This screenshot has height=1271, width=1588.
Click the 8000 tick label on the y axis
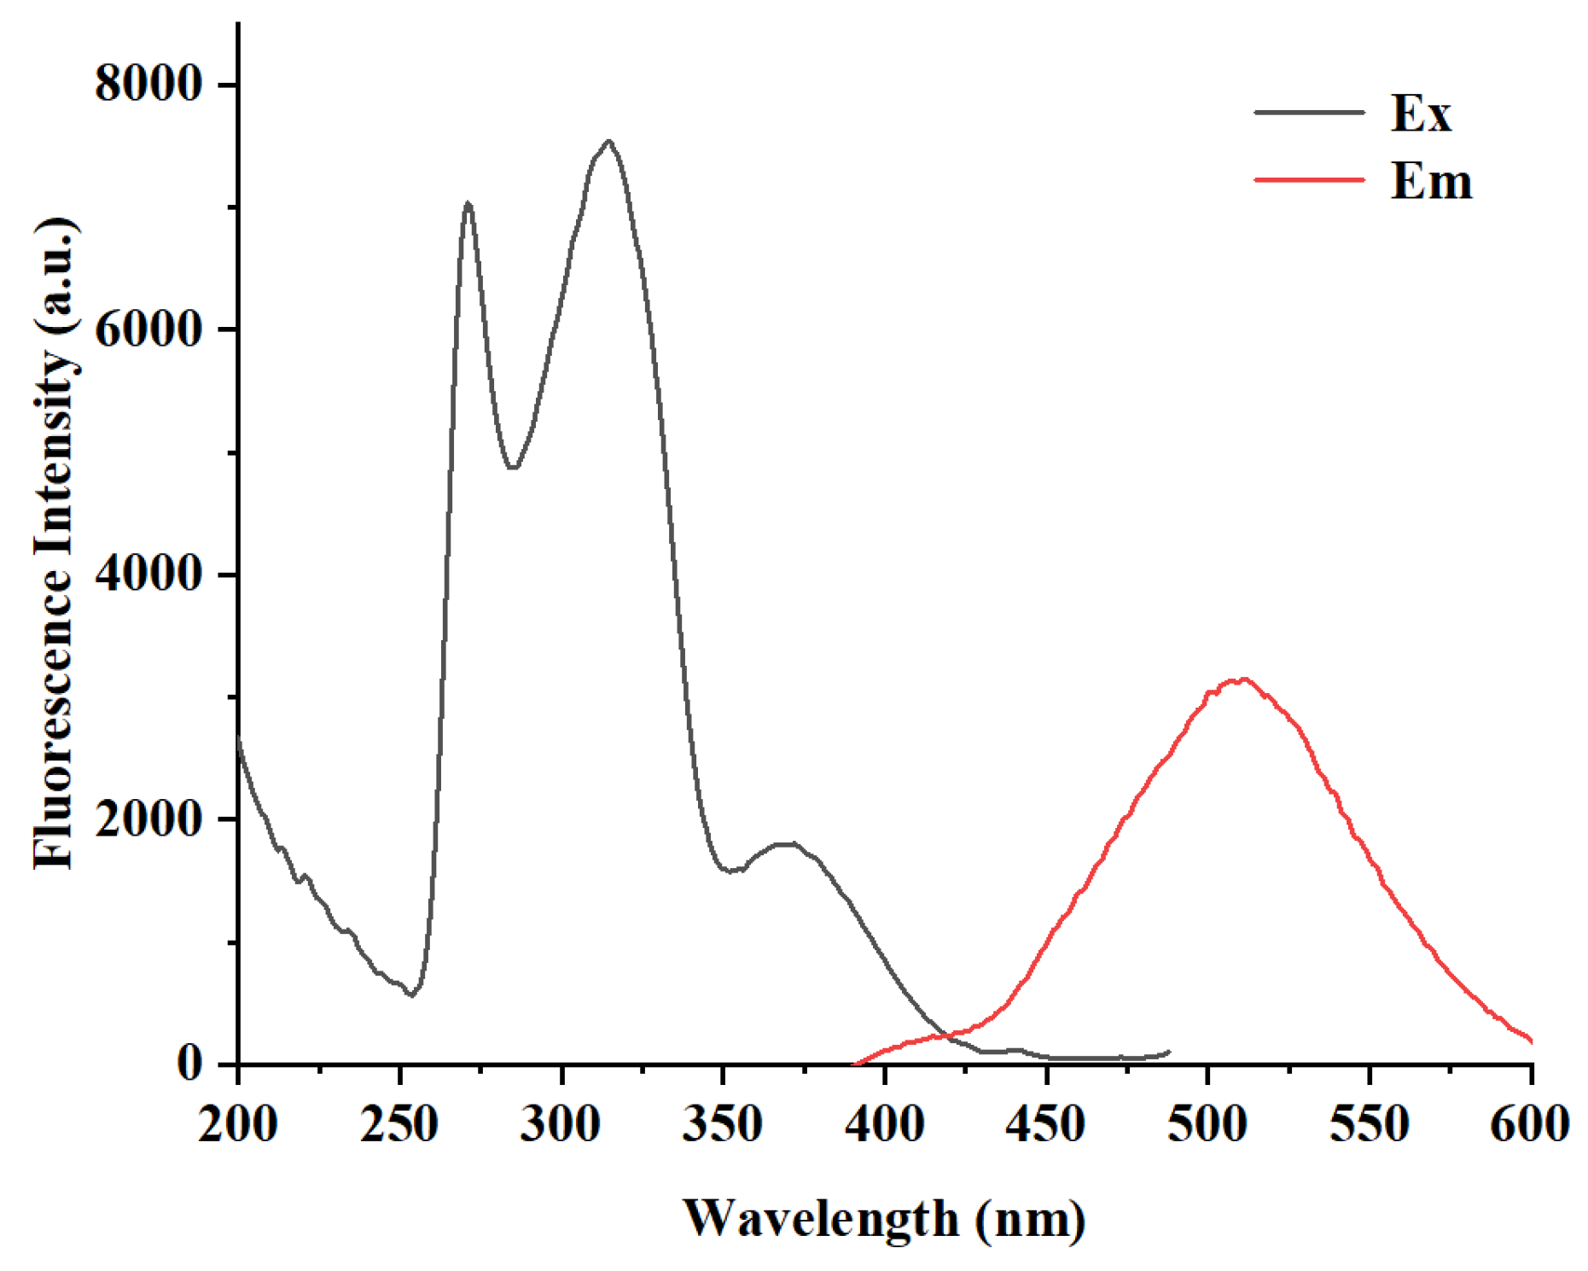(x=148, y=85)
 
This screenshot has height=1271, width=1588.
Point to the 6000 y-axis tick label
(x=148, y=329)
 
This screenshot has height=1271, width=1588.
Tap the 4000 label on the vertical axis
(x=148, y=574)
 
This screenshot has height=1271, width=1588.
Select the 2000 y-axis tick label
(x=148, y=819)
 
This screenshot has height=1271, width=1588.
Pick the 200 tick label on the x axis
(x=238, y=1124)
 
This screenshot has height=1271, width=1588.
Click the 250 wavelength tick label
(x=399, y=1124)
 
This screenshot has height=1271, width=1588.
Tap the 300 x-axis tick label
(x=561, y=1124)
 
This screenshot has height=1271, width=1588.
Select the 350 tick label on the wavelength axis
(x=723, y=1124)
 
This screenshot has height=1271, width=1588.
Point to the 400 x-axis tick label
(x=885, y=1124)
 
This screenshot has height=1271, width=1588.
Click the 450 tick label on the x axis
(x=1046, y=1124)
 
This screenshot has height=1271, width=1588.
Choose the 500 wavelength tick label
(x=1208, y=1124)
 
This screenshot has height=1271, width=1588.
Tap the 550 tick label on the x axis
(x=1370, y=1124)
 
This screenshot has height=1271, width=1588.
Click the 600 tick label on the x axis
(x=1529, y=1124)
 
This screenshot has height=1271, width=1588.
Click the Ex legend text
(x=1421, y=113)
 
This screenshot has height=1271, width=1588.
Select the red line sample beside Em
(x=1309, y=180)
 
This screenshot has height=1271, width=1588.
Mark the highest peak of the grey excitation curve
(x=608, y=142)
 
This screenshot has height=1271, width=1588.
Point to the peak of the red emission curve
(x=1242, y=679)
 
